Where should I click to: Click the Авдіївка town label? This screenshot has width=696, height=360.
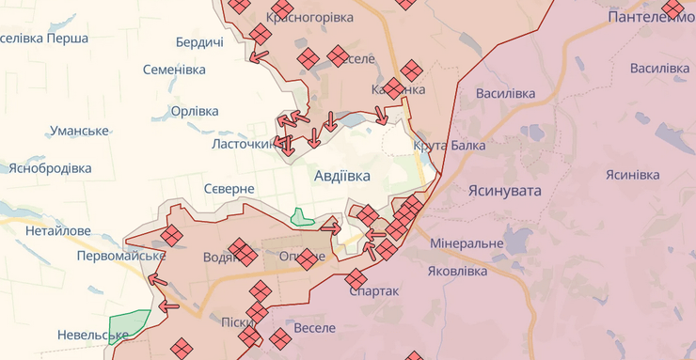coord(342,176)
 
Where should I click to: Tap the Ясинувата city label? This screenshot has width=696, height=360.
coord(505,190)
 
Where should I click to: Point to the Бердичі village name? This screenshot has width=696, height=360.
coord(199,42)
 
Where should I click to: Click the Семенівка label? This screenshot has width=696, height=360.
coord(174,70)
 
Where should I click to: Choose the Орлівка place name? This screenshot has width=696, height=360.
coord(195,111)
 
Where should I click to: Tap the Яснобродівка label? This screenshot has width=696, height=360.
coord(51,168)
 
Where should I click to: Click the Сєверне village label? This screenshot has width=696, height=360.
coord(229,189)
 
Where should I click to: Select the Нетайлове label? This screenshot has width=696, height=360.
coord(58,230)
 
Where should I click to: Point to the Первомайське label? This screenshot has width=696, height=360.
coord(121,256)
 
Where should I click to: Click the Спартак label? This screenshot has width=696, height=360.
coord(373,291)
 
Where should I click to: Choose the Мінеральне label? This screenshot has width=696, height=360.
coord(467,243)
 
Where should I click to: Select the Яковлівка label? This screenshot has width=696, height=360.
coord(457,271)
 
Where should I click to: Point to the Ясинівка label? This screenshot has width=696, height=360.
coord(632,175)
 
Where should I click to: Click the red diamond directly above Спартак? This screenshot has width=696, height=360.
coord(356,278)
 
